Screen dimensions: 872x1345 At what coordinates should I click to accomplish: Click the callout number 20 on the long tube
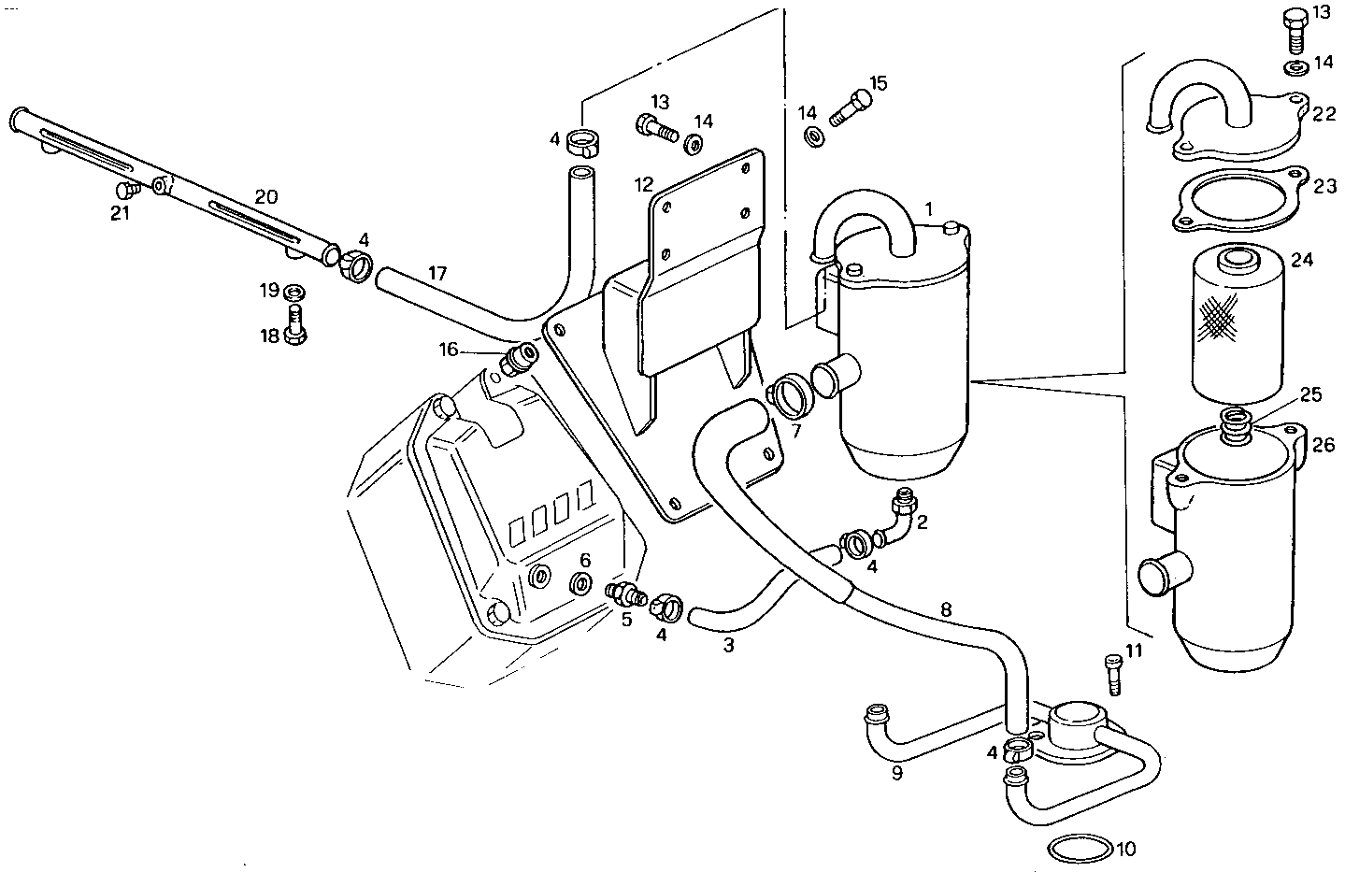(266, 196)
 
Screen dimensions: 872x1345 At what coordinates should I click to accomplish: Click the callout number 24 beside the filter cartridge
(1302, 260)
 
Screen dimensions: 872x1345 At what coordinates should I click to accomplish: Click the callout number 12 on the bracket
(643, 184)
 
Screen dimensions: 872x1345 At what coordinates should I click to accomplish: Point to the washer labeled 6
(580, 585)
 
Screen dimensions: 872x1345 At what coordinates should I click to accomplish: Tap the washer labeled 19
(293, 291)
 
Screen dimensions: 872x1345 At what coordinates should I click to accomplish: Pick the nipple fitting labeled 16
(517, 358)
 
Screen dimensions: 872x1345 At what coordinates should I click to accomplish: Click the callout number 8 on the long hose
(947, 609)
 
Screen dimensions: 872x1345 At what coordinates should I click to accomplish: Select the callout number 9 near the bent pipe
(896, 773)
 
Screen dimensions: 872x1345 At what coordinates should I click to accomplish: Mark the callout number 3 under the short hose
(728, 644)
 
